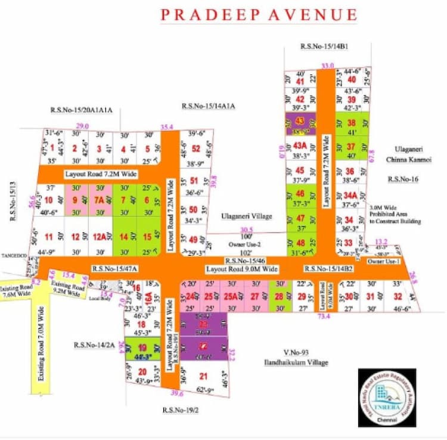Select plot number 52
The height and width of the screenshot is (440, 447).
coord(195,148)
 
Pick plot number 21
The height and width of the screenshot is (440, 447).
coord(203,376)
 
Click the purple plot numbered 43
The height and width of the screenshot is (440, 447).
coord(300,120)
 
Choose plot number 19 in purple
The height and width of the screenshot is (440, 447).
coord(142,348)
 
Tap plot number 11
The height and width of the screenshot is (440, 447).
coord(48,236)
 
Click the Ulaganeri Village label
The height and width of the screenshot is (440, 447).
coord(246,216)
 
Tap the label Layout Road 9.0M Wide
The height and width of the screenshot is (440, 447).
coord(243,269)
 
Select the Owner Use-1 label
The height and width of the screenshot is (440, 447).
coord(383,262)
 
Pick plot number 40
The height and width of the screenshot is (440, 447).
coord(352,79)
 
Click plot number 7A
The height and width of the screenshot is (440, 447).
coord(100,200)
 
